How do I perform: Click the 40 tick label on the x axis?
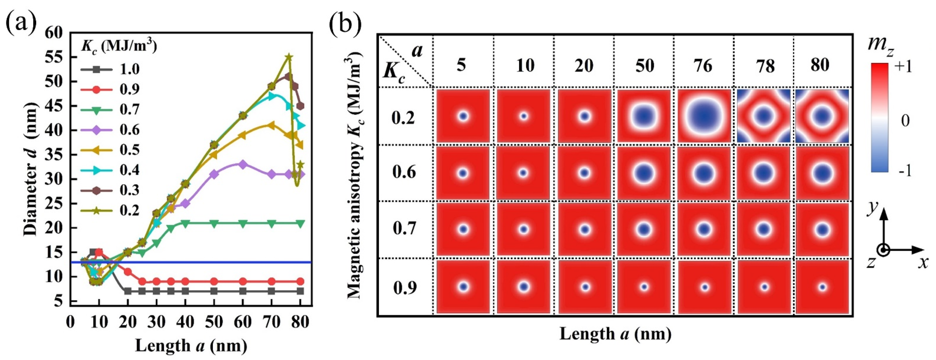tap(185, 322)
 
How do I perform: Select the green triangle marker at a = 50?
tap(214, 223)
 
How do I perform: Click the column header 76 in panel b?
tap(703, 66)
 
